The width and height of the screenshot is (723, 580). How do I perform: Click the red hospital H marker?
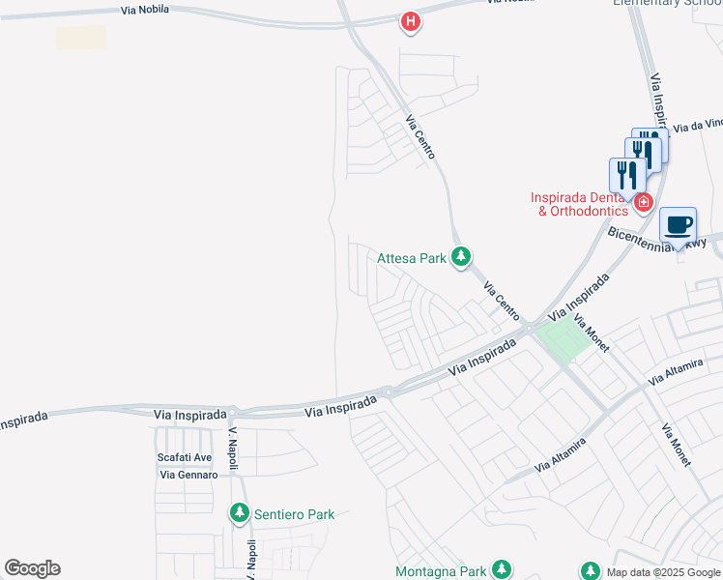[411, 21]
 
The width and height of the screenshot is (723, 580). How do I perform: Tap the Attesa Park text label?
[412, 257]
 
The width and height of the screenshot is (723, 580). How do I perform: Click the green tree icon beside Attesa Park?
[462, 256]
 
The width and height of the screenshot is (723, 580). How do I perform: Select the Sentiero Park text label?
[294, 514]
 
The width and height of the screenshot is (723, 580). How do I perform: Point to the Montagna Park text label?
[441, 571]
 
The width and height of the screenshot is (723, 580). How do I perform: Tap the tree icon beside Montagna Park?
[501, 569]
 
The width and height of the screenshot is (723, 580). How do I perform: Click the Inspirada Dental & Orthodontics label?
[580, 204]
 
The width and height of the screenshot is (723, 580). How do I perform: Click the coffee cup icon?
[679, 225]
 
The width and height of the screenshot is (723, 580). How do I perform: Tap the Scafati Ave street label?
[184, 457]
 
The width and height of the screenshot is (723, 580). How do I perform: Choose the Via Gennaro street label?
[188, 475]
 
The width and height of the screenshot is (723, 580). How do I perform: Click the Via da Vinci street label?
[698, 125]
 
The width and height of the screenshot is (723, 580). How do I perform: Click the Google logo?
[32, 568]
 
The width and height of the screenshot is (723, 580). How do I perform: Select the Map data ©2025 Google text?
[664, 572]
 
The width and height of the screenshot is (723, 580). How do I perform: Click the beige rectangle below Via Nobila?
[81, 38]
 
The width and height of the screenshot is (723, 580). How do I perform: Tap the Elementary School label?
[667, 3]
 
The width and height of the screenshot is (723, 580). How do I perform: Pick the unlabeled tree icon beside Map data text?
[590, 570]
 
